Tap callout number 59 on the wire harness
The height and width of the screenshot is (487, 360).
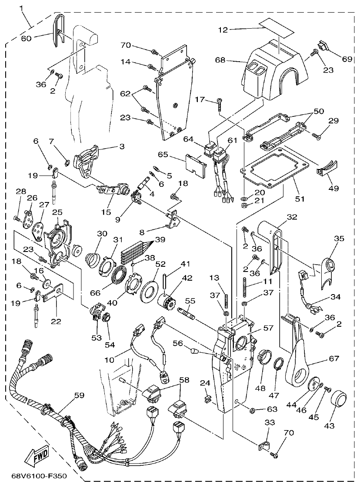[x=79, y=396]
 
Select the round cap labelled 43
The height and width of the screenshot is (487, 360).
[x=340, y=399]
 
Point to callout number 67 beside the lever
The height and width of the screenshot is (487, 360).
[x=333, y=359]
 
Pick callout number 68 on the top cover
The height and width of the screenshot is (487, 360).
[x=220, y=60]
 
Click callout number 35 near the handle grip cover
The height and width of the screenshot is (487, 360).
[x=339, y=238]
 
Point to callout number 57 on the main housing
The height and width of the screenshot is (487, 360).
[x=268, y=328]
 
